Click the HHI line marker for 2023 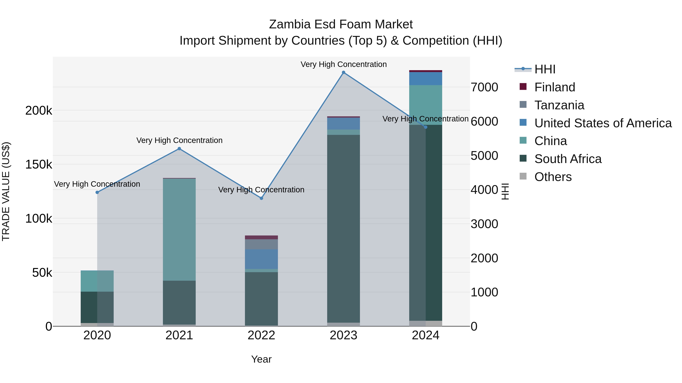pos(343,72)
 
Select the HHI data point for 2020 pos(97,192)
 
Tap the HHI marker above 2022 pos(261,198)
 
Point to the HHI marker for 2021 pos(179,148)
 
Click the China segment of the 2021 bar pos(179,229)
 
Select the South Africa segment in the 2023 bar pos(343,229)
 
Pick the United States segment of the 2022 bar pos(261,259)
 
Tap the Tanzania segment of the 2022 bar pos(261,244)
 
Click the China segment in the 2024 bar pos(425,105)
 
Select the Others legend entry pos(553,177)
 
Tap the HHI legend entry pos(545,69)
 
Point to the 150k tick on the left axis pos(39,164)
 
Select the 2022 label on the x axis pos(261,335)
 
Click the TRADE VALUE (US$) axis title pos(6,191)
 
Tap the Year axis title pos(261,359)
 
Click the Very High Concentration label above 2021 pos(179,140)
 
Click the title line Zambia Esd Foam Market pos(341,24)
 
